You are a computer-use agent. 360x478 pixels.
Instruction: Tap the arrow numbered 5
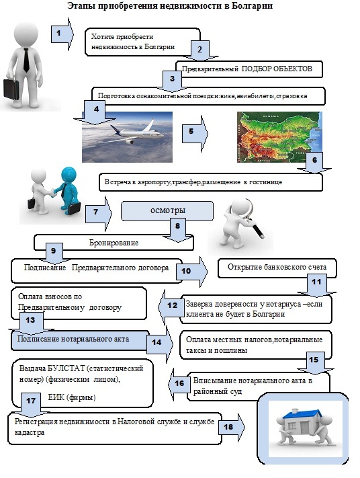[195, 133]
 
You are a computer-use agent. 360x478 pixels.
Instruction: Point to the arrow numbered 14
[160, 343]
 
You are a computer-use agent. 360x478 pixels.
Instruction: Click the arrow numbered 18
[232, 428]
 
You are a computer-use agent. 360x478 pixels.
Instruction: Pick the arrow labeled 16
[177, 383]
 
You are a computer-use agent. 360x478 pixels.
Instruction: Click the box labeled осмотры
[167, 210]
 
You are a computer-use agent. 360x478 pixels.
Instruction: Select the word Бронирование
[114, 243]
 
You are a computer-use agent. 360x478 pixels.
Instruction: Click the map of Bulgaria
[279, 136]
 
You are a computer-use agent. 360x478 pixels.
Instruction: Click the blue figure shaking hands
[67, 190]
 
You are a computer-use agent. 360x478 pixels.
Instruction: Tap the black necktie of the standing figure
[26, 58]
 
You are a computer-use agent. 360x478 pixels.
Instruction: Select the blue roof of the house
[302, 415]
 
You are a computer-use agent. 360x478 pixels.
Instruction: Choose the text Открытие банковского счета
[277, 267]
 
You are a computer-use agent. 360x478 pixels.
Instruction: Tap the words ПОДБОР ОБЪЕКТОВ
[277, 69]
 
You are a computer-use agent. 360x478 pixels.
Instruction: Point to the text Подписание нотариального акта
[73, 340]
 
